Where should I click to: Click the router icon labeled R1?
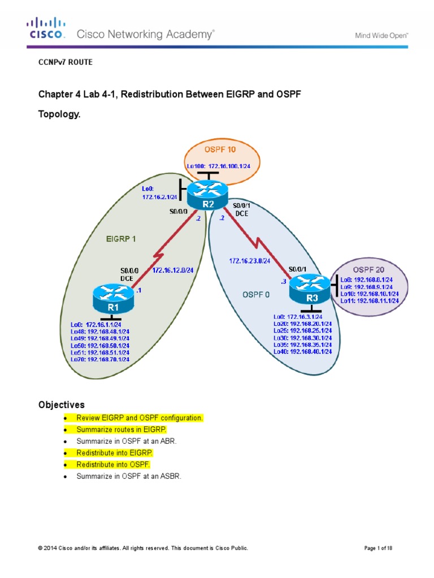113,299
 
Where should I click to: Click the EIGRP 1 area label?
121,239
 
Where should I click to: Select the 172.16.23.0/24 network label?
250,261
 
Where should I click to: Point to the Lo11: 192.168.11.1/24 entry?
370,301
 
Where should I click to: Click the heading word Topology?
59,114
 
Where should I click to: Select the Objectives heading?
61,405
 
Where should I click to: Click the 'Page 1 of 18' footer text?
383,548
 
